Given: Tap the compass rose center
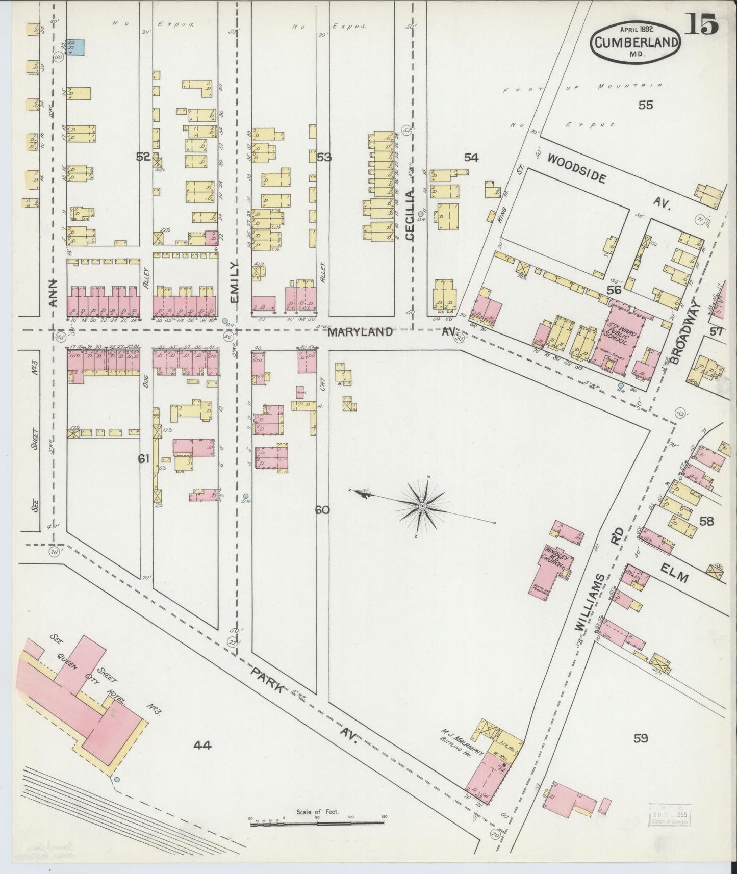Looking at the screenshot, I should pyautogui.click(x=423, y=506).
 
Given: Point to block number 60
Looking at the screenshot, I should pyautogui.click(x=322, y=509).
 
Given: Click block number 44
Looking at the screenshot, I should pyautogui.click(x=202, y=746).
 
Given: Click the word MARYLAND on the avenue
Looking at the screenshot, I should pyautogui.click(x=360, y=332).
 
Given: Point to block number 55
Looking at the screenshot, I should pyautogui.click(x=646, y=106).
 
